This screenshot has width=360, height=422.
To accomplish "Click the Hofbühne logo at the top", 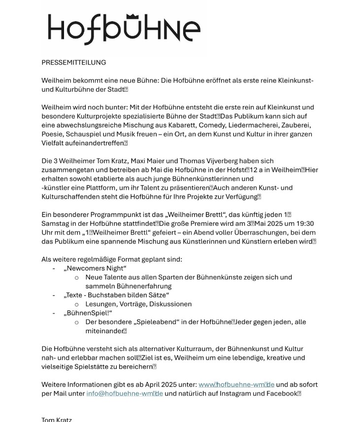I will tap(124, 29).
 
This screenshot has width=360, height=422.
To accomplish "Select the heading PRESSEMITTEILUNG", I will tap(73, 63).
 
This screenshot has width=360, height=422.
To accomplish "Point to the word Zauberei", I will tap(297, 125).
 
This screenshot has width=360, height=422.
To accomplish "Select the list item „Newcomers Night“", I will tap(95, 268).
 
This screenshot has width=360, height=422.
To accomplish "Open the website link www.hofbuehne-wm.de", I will tap(236, 385).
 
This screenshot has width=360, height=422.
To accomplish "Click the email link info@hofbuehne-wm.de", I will tap(125, 393).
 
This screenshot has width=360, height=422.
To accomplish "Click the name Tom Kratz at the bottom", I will tap(57, 420).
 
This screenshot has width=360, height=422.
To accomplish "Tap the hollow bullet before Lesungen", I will tap(77, 305).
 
